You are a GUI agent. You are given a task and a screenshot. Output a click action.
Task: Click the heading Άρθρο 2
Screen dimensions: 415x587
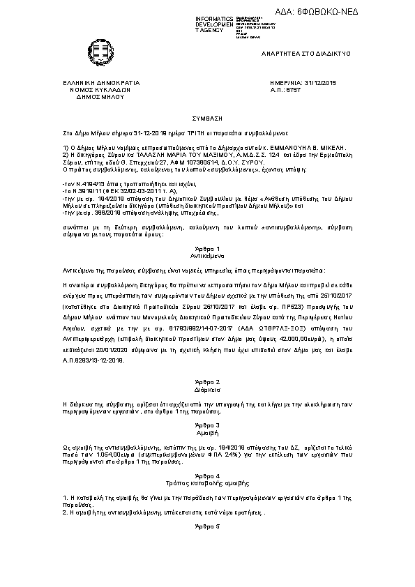tap(207, 383)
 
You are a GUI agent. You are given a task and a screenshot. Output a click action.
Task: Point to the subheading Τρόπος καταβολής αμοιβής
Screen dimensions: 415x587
tap(207, 482)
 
